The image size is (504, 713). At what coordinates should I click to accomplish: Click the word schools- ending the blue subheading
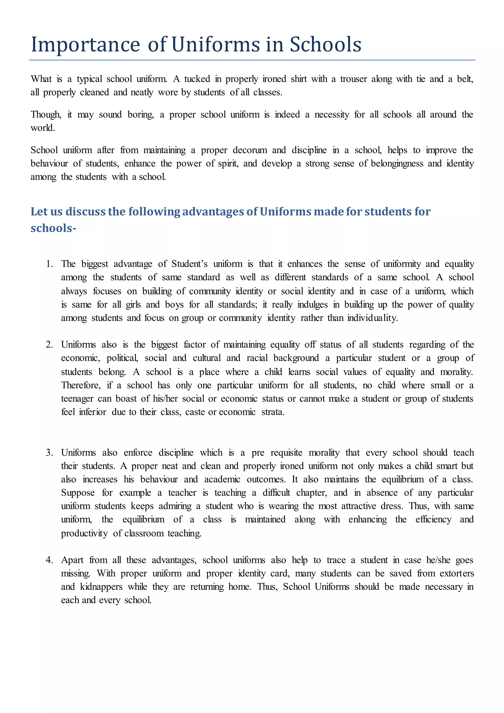point(53,228)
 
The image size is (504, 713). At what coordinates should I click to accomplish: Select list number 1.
point(49,264)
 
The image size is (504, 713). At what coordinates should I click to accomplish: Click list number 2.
point(49,345)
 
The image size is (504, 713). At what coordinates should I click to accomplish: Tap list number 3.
point(49,453)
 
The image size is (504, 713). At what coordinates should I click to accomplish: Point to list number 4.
point(49,560)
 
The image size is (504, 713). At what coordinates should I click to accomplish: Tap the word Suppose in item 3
point(78,493)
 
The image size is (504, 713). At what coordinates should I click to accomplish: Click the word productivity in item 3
point(84,534)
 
